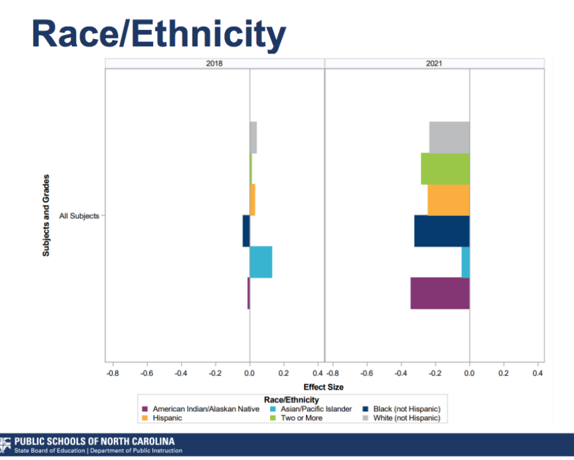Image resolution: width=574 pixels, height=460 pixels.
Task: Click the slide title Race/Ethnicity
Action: point(159,33)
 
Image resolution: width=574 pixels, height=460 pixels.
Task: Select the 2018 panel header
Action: point(215,63)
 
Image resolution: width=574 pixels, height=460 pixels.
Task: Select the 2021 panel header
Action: point(434,63)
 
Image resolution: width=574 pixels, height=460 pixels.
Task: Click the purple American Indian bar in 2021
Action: point(440,293)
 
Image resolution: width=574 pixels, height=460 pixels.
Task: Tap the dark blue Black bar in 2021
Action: point(442,231)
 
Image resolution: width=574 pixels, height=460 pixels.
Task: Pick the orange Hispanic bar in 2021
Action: point(448,200)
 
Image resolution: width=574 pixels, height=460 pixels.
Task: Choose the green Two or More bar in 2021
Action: point(445,168)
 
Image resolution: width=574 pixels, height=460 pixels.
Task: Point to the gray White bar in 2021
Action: point(449,137)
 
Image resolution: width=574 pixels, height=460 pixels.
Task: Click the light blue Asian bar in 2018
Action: point(260,262)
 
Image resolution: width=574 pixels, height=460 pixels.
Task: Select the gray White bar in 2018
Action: point(253,137)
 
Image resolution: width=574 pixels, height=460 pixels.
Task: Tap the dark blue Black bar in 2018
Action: point(246,231)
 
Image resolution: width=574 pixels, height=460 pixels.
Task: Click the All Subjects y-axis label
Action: point(79,215)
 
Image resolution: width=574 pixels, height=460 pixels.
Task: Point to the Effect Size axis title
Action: point(324,387)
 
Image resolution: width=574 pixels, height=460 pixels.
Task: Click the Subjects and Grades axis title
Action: point(46,215)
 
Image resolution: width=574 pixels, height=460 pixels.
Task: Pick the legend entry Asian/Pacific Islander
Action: point(316,409)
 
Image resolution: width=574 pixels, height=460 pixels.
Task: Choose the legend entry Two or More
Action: point(301,418)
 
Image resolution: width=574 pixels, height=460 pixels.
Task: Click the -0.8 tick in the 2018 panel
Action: point(112,373)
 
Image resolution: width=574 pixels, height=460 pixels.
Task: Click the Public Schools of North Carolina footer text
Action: point(94,440)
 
